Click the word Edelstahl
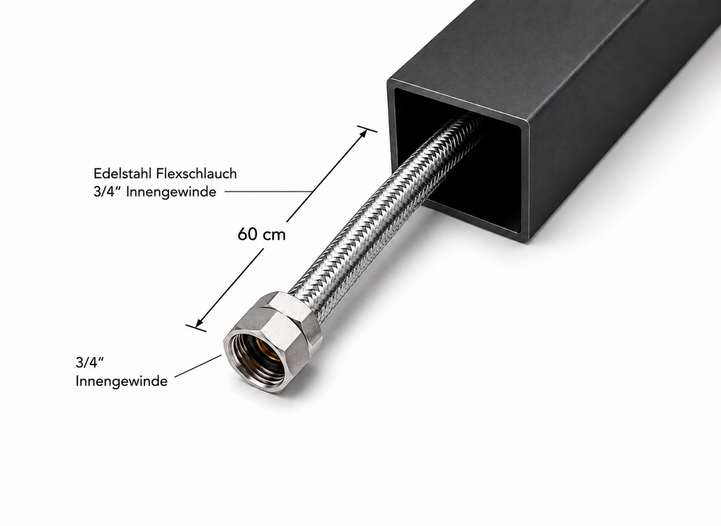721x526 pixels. coord(123,173)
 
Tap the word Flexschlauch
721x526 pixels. coord(196,173)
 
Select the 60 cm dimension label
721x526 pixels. coord(261,234)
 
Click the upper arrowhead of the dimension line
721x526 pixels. coord(363,134)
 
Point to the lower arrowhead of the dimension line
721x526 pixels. coord(201,322)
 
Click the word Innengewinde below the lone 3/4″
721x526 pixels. coord(121,381)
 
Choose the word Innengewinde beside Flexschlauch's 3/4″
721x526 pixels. coord(171,192)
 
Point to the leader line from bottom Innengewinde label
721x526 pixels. coord(198,366)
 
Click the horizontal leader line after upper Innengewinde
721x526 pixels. coord(269,192)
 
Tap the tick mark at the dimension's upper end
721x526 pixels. coord(367,128)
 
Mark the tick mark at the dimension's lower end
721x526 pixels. coord(196,328)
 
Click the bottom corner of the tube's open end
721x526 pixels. coord(528,241)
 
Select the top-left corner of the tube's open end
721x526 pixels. coord(389,80)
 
